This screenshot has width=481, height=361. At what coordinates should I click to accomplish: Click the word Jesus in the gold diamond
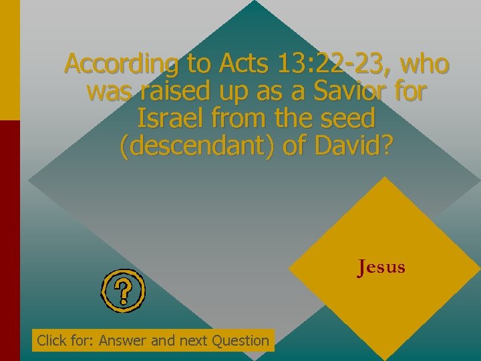[381, 267]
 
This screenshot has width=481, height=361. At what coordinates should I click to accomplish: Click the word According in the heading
[123, 64]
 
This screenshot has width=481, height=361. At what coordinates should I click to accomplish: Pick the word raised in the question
[170, 92]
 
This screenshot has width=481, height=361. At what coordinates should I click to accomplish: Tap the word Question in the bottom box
[240, 340]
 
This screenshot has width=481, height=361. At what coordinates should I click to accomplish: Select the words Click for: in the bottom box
[65, 340]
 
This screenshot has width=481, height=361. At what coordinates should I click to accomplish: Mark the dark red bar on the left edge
[9, 241]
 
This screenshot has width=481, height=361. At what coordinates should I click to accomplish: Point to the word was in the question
[108, 92]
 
